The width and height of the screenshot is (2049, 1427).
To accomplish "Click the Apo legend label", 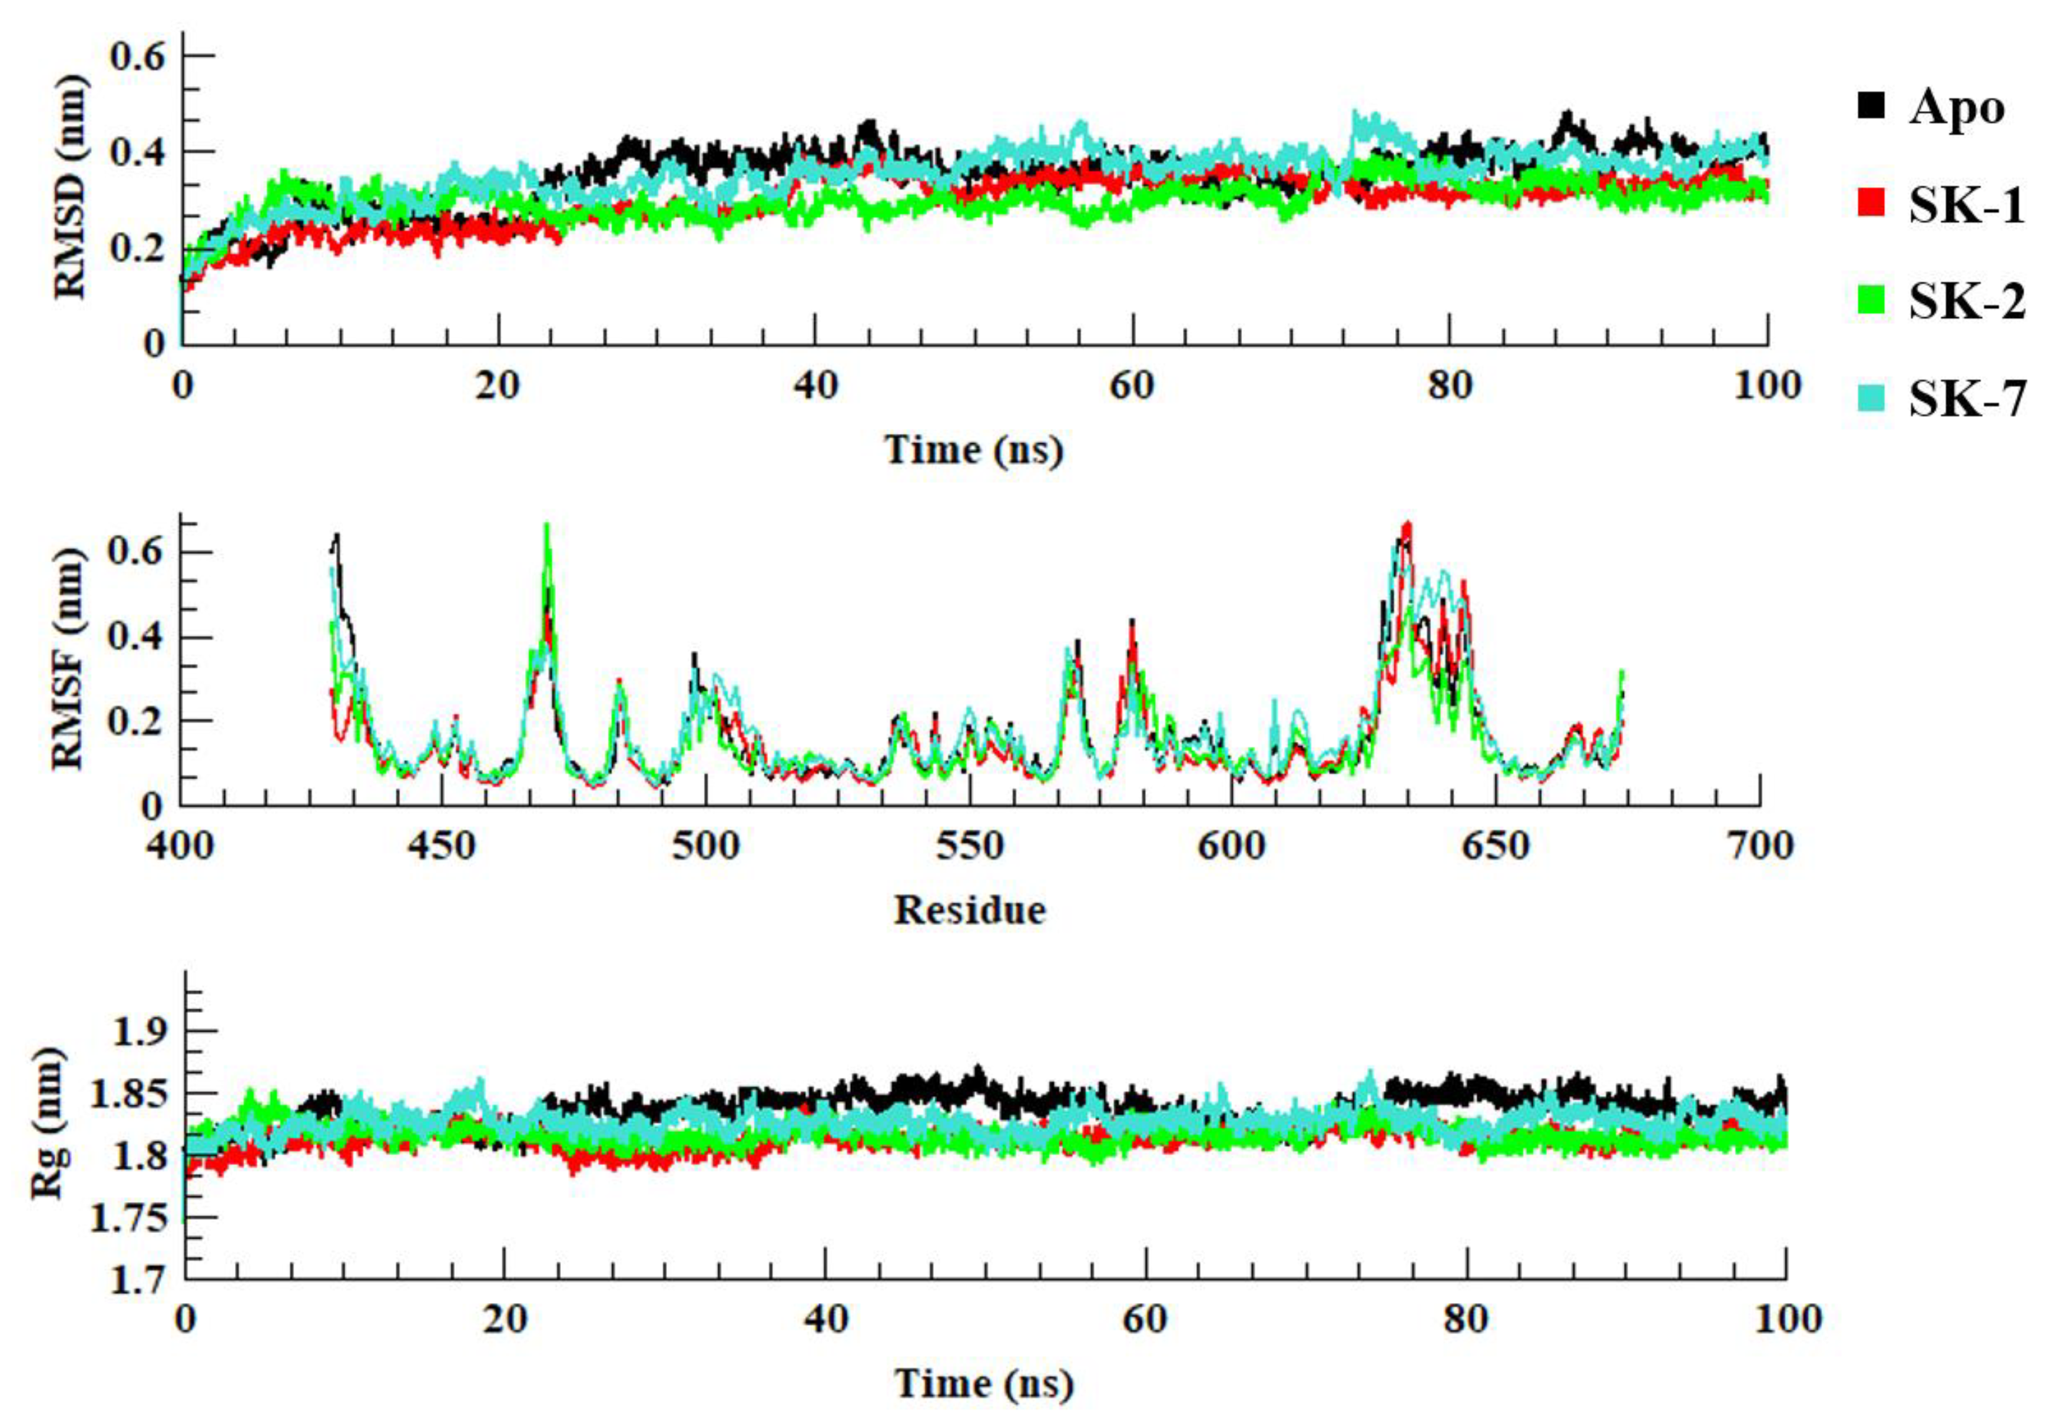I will pos(1956,110).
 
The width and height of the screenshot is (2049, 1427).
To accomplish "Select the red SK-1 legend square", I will pos(1871,203).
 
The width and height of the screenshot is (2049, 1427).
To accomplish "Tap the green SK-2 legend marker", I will pos(1871,301).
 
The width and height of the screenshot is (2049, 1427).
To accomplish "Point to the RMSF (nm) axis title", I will pos(69,658).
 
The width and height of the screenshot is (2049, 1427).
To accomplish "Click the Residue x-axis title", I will pos(970,910).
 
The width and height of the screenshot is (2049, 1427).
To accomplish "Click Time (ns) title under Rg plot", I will pos(984,1383).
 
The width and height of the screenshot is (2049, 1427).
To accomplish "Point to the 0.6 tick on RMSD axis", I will pos(138,57).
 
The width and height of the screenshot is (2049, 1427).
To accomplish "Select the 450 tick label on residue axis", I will pos(442,845).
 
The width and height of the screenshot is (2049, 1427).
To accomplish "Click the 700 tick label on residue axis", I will pos(1759,845).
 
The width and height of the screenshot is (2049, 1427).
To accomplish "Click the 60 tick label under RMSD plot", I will pos(1132,386).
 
